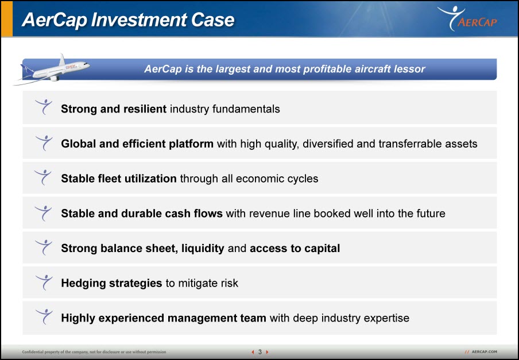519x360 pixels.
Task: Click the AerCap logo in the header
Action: point(467,18)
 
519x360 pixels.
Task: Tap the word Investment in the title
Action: point(140,20)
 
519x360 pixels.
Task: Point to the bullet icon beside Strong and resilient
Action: point(44,107)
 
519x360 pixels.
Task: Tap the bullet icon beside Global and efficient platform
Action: point(44,142)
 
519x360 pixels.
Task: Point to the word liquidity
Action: point(203,249)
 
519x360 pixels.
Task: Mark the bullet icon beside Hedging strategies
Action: point(44,282)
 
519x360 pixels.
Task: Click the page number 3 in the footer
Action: point(260,352)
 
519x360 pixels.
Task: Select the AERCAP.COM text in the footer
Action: point(484,352)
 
